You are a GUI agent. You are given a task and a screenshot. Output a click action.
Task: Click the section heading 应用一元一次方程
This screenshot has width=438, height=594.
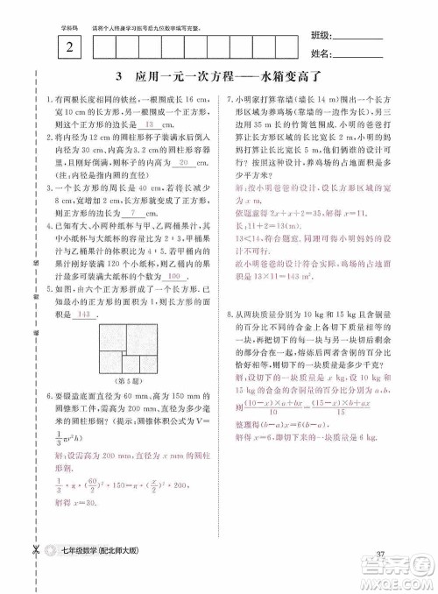219,76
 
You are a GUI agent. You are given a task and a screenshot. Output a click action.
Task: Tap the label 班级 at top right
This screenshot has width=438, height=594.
321,35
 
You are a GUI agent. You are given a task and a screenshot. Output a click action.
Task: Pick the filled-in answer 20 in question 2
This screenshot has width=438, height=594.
183,162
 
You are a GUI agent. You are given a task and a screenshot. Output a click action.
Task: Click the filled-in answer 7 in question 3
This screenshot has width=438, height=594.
132,212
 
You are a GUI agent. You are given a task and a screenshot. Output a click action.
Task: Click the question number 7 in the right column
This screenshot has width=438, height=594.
230,100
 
